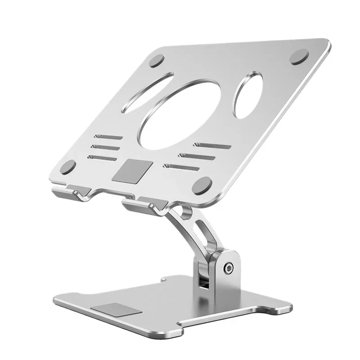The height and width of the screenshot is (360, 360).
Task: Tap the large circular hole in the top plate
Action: (x=180, y=115)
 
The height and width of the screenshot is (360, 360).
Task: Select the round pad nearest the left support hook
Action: (x=68, y=167)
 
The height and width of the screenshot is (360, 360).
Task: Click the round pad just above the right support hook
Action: (x=202, y=185)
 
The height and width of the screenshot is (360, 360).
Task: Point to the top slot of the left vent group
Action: (x=108, y=136)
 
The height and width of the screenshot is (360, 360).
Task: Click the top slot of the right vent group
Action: (x=212, y=145)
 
